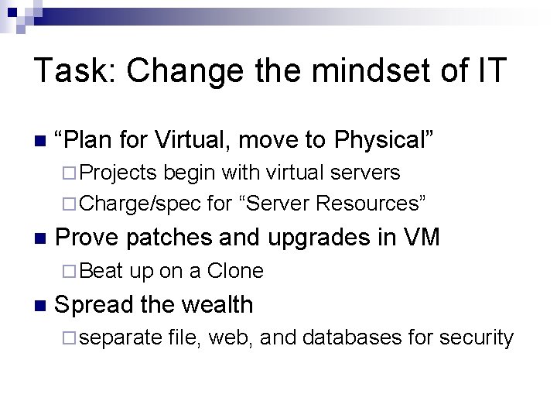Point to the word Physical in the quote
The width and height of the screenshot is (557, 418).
(384, 140)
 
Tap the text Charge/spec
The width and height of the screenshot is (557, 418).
(141, 204)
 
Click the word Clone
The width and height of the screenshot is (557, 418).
(235, 271)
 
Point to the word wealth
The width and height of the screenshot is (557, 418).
(214, 304)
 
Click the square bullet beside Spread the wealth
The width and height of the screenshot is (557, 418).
(41, 306)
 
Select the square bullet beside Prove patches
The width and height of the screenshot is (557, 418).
(41, 238)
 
